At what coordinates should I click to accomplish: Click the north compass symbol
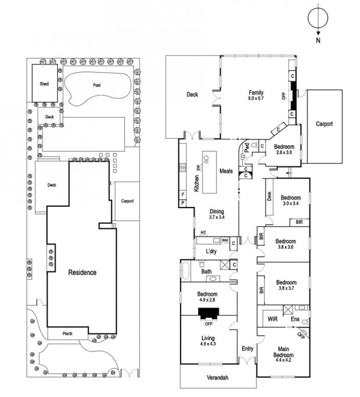tap(318, 23)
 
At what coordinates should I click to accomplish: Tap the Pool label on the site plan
tap(96, 85)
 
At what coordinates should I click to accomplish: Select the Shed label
tap(44, 84)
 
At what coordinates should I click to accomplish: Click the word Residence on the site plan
tap(82, 273)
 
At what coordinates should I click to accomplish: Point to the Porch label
tap(67, 334)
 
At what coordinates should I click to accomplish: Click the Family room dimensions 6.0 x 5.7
tap(255, 98)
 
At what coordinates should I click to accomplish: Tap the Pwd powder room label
tap(247, 148)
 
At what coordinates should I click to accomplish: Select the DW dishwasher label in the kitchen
tap(198, 167)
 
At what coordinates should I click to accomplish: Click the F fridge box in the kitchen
tap(183, 195)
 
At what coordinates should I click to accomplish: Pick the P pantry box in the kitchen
tap(183, 203)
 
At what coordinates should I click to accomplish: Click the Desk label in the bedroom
tap(269, 196)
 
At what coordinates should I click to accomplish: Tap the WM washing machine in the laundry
tap(225, 240)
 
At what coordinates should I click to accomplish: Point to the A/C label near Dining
tap(203, 232)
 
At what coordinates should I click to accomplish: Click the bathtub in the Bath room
tap(185, 270)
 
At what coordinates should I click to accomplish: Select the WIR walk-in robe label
tap(272, 319)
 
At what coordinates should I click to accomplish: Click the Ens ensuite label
tap(295, 319)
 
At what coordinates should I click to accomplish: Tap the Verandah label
tap(218, 377)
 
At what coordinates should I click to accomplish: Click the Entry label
tap(247, 349)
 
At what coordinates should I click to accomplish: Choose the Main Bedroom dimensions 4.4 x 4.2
tap(283, 360)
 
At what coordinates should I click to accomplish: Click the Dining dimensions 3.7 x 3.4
tap(217, 217)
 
